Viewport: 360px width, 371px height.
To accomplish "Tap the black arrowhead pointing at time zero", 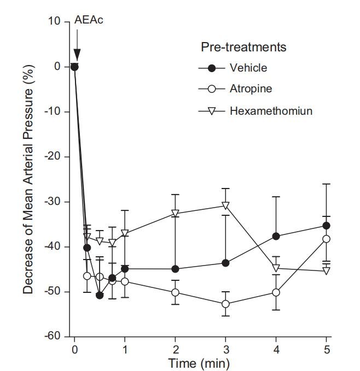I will [x=77, y=55].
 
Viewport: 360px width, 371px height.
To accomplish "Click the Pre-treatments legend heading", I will [x=243, y=47].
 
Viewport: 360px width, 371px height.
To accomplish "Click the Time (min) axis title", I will [x=198, y=362].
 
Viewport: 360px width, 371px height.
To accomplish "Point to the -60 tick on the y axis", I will [x=53, y=337].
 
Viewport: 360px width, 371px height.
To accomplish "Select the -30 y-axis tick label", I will [x=53, y=202].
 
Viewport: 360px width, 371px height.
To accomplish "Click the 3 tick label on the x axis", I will [x=225, y=349].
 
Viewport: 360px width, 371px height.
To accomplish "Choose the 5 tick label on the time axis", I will [x=326, y=349].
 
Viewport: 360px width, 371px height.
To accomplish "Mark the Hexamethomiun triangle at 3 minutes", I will [x=225, y=205].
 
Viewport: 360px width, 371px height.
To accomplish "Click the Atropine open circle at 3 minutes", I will [x=225, y=304].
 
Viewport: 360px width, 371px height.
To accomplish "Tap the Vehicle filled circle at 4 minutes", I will [x=276, y=236].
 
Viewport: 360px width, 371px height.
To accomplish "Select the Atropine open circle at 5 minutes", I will [x=327, y=239].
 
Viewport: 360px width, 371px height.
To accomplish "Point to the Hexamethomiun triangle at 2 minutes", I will [x=176, y=214].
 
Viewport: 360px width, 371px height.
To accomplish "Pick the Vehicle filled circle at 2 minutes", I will [x=176, y=269].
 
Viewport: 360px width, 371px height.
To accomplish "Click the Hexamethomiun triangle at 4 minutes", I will [x=276, y=268].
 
